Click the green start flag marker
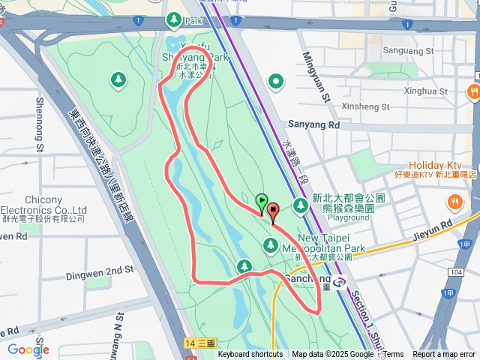(x=261, y=201)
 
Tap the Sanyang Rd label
(x=313, y=125)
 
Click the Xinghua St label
(x=425, y=91)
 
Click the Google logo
(x=28, y=349)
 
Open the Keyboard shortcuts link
(x=250, y=355)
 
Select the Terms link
(x=394, y=355)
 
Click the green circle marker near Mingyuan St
(x=277, y=80)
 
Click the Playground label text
(x=349, y=217)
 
